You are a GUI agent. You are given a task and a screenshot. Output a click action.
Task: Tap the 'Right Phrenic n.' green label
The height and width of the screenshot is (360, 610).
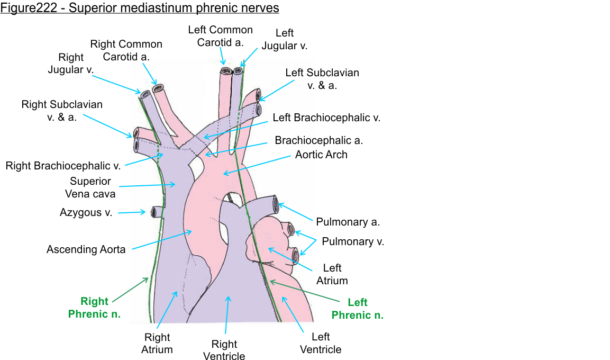[94, 308]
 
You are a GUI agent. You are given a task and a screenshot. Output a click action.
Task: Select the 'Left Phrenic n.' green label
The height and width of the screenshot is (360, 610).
[357, 309]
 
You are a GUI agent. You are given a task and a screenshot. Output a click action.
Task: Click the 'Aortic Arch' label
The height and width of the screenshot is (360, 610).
[321, 155]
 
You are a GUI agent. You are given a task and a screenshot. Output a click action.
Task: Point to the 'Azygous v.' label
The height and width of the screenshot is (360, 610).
[86, 213]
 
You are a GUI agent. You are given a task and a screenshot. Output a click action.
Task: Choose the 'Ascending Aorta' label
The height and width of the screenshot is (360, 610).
[86, 249]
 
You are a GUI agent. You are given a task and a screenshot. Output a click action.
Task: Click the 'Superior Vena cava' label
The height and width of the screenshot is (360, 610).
[93, 187]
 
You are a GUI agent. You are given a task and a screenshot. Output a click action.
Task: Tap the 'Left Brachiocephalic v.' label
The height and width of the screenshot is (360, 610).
[326, 118]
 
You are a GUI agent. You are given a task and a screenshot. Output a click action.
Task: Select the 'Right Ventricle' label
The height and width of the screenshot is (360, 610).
[224, 350]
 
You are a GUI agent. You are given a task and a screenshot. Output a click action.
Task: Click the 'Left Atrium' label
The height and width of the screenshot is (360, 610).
[332, 274]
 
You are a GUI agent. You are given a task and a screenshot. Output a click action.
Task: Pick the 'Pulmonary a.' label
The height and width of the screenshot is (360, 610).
[348, 222]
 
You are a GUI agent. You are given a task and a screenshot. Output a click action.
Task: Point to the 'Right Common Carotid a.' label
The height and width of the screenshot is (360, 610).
[126, 50]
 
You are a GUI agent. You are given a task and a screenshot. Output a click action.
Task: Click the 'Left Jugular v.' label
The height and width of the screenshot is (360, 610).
[284, 39]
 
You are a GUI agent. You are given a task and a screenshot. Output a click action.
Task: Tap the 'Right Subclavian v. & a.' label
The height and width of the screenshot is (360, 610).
[62, 111]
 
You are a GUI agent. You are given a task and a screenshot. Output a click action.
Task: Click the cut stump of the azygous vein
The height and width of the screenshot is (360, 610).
[154, 212]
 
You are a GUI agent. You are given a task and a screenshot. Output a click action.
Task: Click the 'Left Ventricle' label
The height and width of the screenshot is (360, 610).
[321, 343]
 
